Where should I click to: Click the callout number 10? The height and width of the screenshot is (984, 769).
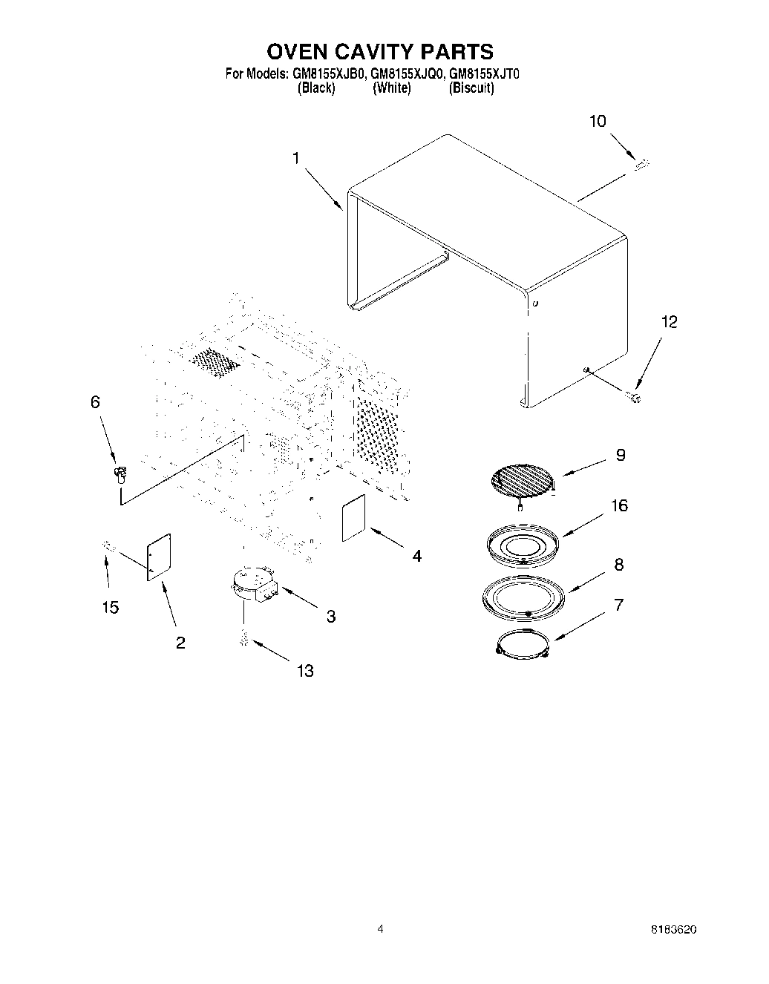pos(598,122)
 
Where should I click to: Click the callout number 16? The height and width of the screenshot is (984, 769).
pos(619,505)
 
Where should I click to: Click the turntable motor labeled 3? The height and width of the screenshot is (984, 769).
pos(253,583)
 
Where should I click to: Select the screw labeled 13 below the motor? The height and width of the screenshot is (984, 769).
pos(243,637)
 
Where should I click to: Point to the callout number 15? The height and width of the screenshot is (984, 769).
pos(110,608)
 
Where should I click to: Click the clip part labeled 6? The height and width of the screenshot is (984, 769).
pos(119,473)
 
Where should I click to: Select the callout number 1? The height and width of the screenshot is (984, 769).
pos(295,158)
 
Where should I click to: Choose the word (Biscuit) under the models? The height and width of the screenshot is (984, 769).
pos(471,88)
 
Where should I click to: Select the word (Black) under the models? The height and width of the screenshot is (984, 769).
pos(315,88)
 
